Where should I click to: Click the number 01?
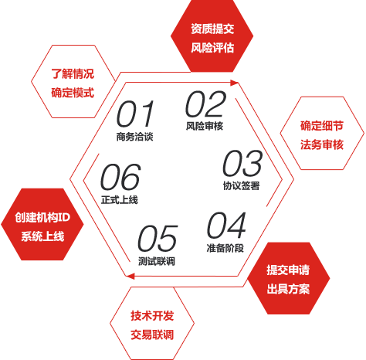135,114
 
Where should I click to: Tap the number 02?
205,104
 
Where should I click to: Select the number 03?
242,163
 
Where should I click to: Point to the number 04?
226,226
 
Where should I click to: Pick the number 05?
158,238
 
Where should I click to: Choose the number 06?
120,177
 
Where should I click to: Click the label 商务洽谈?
134,137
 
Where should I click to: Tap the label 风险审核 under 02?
205,126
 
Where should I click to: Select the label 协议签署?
241,185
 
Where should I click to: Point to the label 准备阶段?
225,248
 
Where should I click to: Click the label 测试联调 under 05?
157,261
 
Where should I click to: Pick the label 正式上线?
120,199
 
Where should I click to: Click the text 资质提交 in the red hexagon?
212,29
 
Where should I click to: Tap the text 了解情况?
73,74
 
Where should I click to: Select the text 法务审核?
322,144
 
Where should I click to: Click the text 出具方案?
288,289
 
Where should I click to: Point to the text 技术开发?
152,316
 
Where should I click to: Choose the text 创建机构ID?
42,217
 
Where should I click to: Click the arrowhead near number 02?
234,83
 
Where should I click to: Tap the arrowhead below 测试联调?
130,277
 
